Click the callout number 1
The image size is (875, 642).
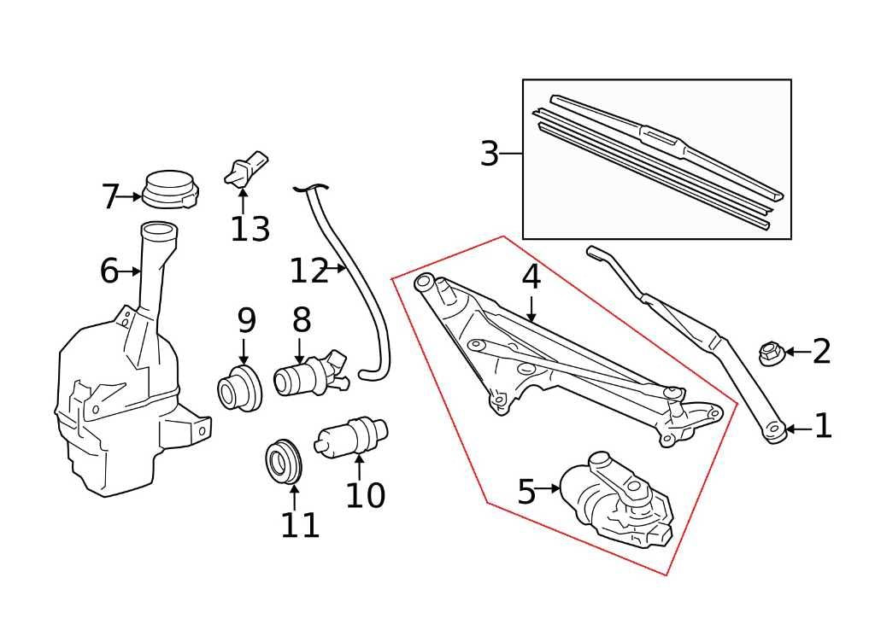coord(822,427)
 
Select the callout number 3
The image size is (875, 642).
coord(489,155)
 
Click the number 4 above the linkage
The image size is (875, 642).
coord(531,277)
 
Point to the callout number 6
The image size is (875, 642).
coord(109,272)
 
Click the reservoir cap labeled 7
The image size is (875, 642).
coord(169,190)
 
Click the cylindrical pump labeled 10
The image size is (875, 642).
coord(351,435)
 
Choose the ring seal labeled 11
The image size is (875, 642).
coord(282,463)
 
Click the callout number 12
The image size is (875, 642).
coord(308,272)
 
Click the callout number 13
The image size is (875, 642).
coord(250,230)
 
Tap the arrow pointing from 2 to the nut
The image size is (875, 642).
coord(796,352)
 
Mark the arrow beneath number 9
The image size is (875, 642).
coord(244,351)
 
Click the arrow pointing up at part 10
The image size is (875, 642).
coord(359,468)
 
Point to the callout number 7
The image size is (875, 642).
coord(109,198)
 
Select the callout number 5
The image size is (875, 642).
coord(526,493)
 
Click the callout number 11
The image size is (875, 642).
coord(300,526)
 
